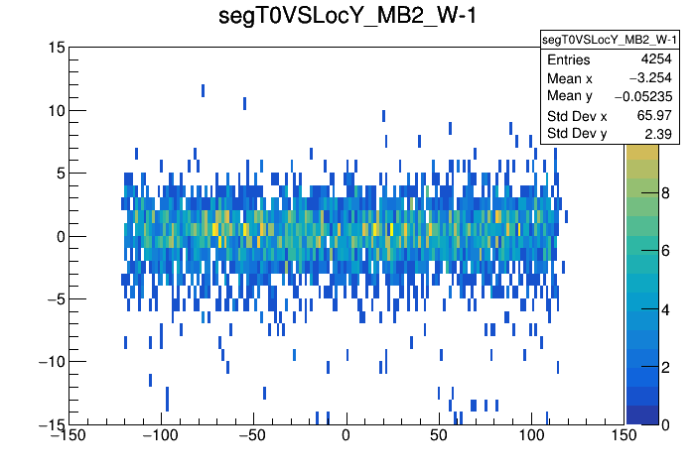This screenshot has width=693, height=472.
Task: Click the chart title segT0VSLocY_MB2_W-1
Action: [x=346, y=17]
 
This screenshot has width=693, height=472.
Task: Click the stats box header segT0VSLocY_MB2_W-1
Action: [x=609, y=40]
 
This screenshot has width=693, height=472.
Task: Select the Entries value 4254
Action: [x=657, y=59]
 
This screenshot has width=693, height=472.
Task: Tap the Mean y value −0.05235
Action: [x=643, y=96]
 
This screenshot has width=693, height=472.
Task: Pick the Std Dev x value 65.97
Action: [x=655, y=116]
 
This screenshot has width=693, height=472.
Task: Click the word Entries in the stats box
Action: [x=568, y=60]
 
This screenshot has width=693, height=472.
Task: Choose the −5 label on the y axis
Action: [x=56, y=298]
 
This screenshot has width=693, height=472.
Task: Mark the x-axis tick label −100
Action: [x=161, y=436]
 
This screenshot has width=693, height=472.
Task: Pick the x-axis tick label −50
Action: [x=253, y=436]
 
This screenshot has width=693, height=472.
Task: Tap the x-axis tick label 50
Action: [x=439, y=436]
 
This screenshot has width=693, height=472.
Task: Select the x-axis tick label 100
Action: [x=531, y=436]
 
